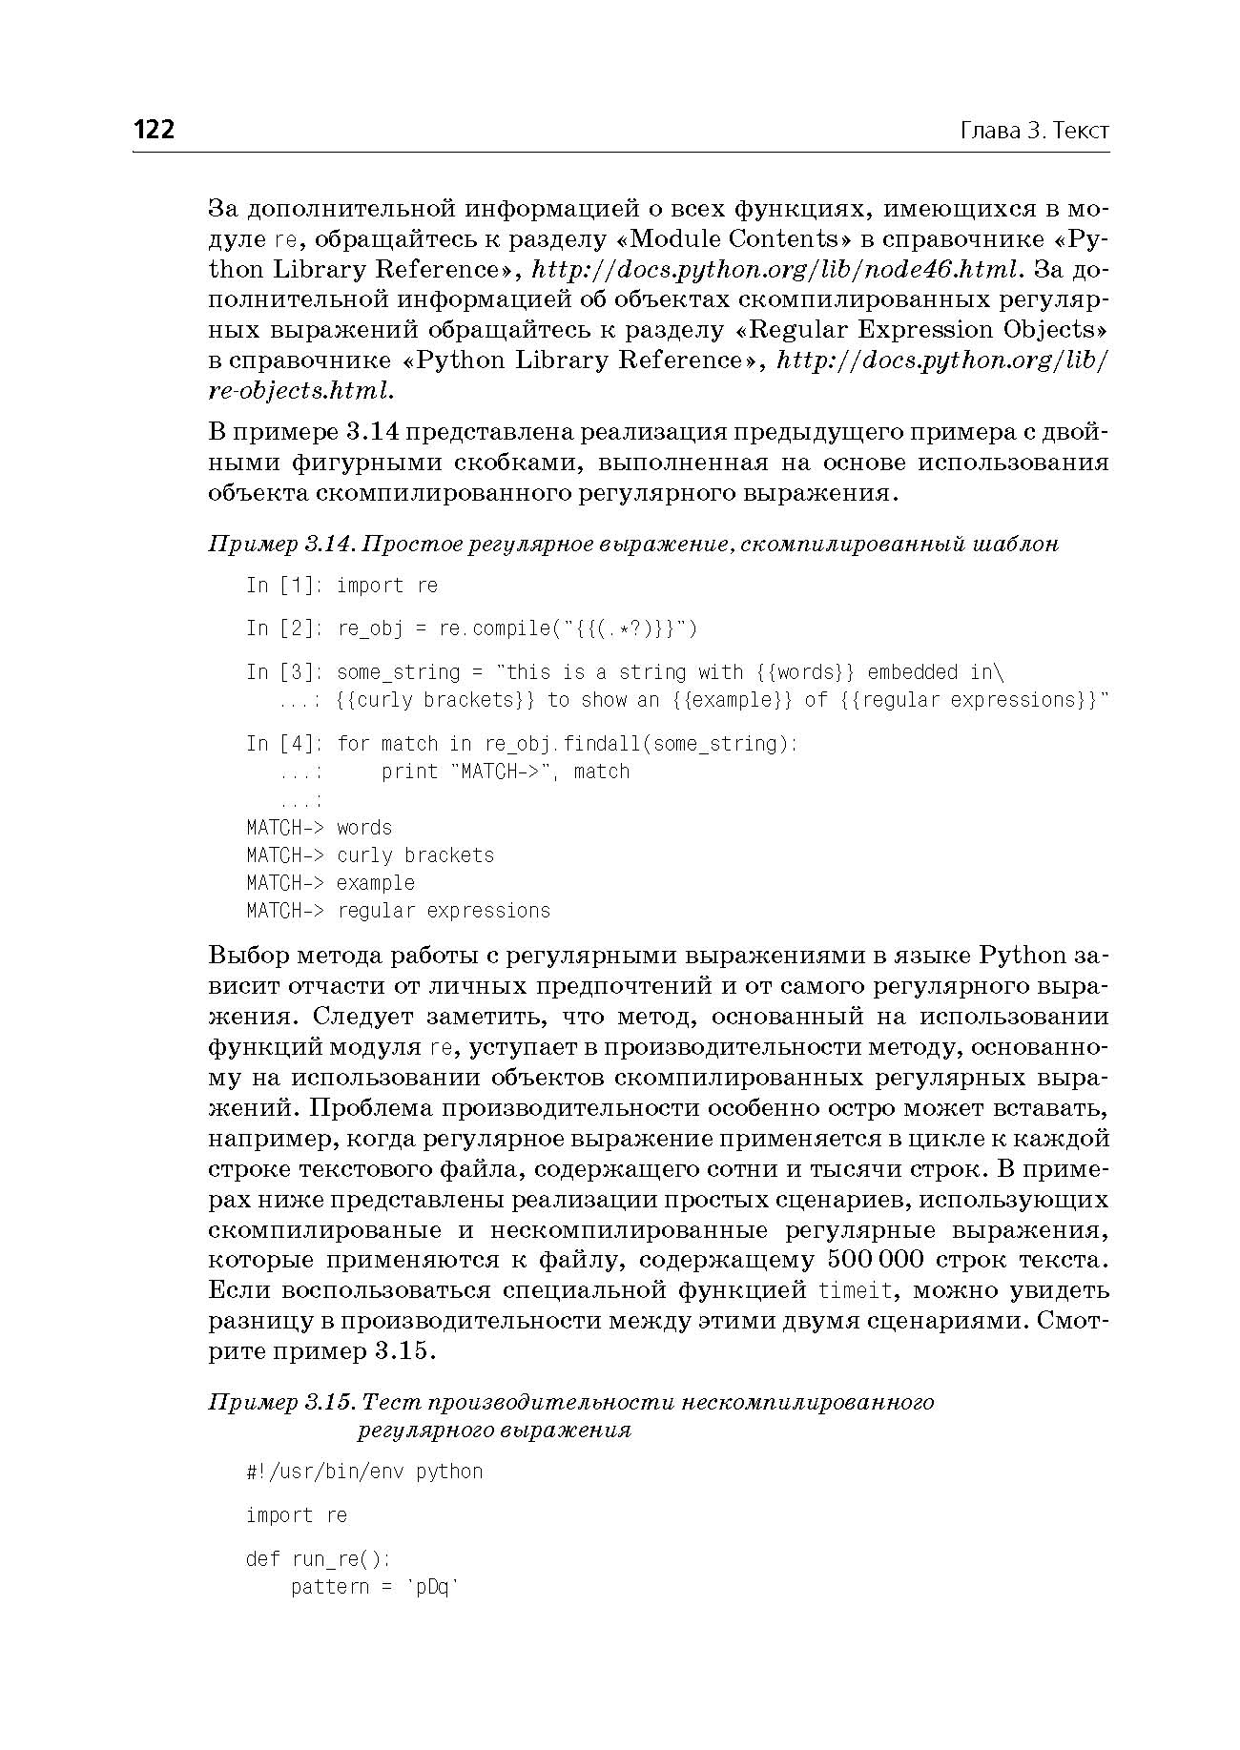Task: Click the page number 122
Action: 155,130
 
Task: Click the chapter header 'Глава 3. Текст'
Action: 1034,131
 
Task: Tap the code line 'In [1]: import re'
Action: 341,586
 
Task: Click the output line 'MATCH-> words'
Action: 319,828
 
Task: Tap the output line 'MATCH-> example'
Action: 330,883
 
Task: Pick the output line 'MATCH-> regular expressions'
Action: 398,911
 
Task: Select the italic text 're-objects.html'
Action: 300,391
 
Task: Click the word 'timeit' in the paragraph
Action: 857,1291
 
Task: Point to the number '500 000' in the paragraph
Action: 876,1261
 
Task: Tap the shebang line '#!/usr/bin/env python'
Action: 364,1472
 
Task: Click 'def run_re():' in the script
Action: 318,1559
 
